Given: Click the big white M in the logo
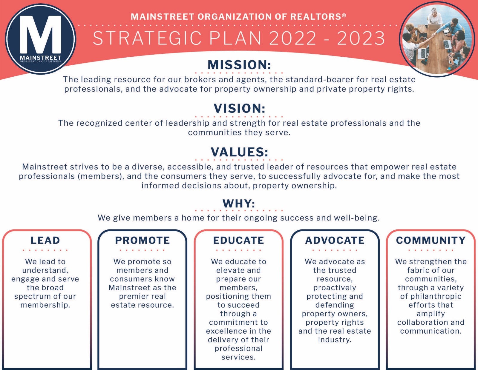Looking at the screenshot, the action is pyautogui.click(x=40, y=34).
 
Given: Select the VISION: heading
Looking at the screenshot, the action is pyautogui.click(x=239, y=108).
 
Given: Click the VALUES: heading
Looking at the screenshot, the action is pyautogui.click(x=239, y=152).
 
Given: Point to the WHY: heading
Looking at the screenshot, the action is pyautogui.click(x=239, y=203).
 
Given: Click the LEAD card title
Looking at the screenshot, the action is pyautogui.click(x=45, y=240).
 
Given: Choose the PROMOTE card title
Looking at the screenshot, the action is pyautogui.click(x=142, y=240).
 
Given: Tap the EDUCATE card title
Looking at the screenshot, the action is pyautogui.click(x=238, y=240).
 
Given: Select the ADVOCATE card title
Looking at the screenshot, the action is pyautogui.click(x=335, y=240).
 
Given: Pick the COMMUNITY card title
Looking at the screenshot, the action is pyautogui.click(x=431, y=240).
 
